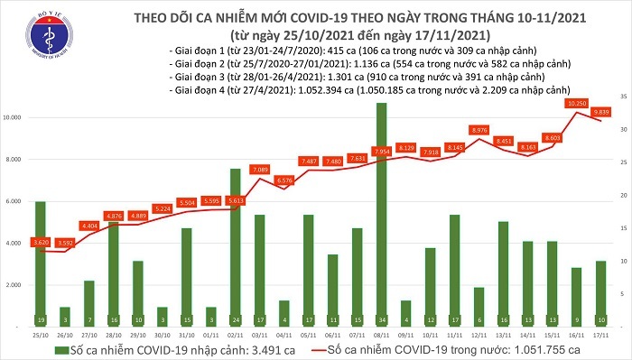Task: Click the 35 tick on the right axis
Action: tap(624, 96)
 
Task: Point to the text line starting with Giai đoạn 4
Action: tap(361, 91)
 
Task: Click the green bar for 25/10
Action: tap(41, 262)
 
